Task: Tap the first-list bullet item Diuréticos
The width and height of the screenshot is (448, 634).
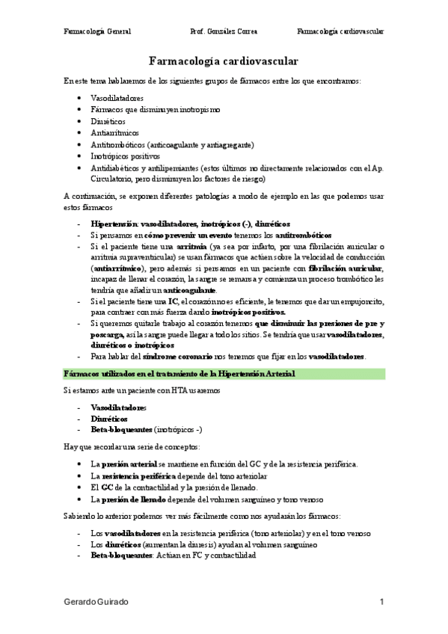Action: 108,120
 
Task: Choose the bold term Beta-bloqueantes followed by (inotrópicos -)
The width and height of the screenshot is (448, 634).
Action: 120,430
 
